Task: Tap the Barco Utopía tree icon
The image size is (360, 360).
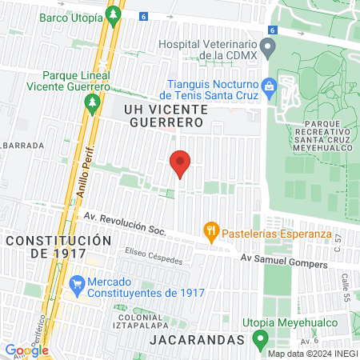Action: tap(114, 14)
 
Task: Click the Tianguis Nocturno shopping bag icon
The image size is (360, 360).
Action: tap(270, 85)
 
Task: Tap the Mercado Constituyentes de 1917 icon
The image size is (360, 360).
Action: tap(77, 282)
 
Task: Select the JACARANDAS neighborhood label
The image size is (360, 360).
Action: tap(196, 340)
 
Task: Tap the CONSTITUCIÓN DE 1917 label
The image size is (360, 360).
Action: tap(55, 246)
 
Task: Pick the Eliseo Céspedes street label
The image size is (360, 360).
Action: tap(154, 258)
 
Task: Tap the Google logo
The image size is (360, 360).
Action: tap(26, 350)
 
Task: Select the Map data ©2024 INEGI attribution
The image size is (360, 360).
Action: tap(312, 354)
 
